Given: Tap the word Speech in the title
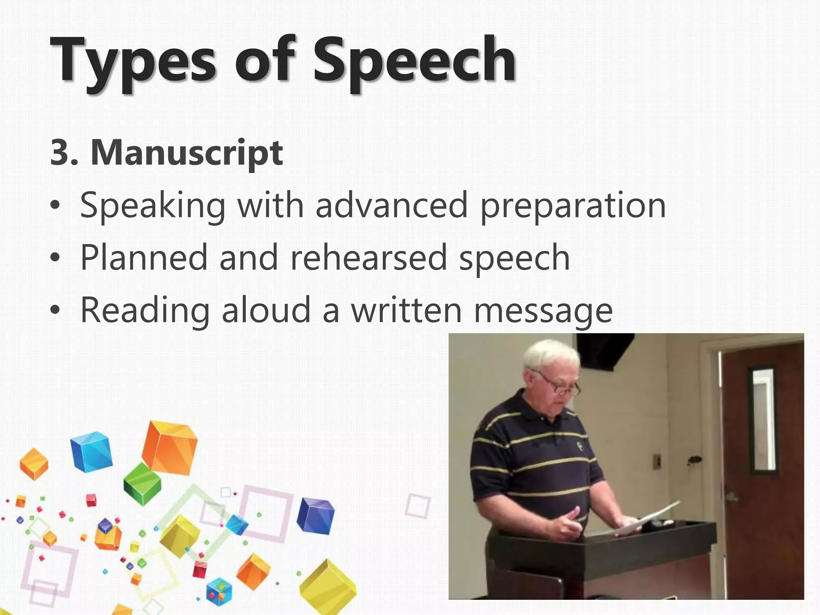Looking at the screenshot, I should tap(414, 60).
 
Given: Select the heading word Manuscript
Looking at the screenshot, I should tap(187, 153).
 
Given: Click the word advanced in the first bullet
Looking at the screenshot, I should tap(391, 205).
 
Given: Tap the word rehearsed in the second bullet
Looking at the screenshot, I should tap(368, 257).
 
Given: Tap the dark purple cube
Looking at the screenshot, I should tap(316, 516).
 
